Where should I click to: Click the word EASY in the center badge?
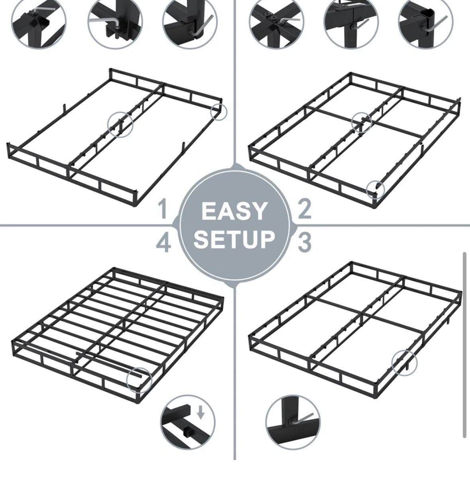tap(234, 211)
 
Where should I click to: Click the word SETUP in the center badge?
tap(234, 239)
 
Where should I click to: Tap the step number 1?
tap(162, 210)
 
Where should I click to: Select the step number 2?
tap(305, 209)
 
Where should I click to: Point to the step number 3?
tap(305, 242)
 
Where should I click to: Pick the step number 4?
tap(163, 243)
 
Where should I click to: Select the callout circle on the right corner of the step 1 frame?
tap(218, 112)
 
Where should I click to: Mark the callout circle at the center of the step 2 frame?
tap(362, 122)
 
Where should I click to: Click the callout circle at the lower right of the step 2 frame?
tap(375, 189)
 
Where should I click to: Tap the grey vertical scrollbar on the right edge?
tap(464, 345)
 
